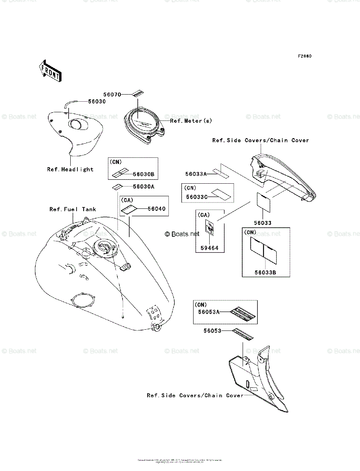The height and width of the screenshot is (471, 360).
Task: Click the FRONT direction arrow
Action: click(x=49, y=70)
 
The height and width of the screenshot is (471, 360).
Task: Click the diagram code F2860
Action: click(x=304, y=56)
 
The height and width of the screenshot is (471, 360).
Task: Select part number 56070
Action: click(x=112, y=95)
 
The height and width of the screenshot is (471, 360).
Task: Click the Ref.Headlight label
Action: click(x=70, y=170)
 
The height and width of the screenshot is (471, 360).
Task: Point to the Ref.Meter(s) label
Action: click(x=191, y=121)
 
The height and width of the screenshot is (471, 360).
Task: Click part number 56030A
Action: click(x=143, y=187)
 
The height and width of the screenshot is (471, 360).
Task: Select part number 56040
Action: click(x=158, y=209)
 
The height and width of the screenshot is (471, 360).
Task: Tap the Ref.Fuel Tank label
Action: click(x=73, y=209)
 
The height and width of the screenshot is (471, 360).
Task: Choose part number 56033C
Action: click(x=196, y=197)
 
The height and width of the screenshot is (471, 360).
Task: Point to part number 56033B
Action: click(x=265, y=272)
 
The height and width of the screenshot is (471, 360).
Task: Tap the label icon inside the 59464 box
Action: click(x=210, y=227)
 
